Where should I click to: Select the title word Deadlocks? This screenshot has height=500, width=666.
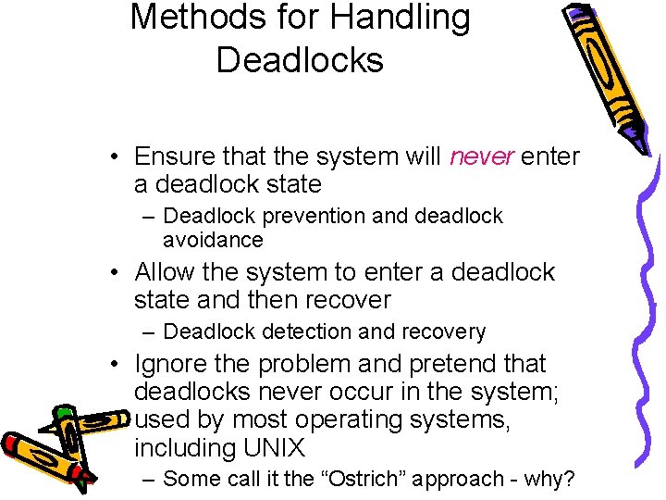pyautogui.click(x=300, y=59)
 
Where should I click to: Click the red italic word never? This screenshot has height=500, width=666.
pyautogui.click(x=481, y=156)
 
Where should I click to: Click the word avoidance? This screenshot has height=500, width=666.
pyautogui.click(x=213, y=240)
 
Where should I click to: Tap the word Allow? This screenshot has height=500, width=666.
pyautogui.click(x=166, y=272)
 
